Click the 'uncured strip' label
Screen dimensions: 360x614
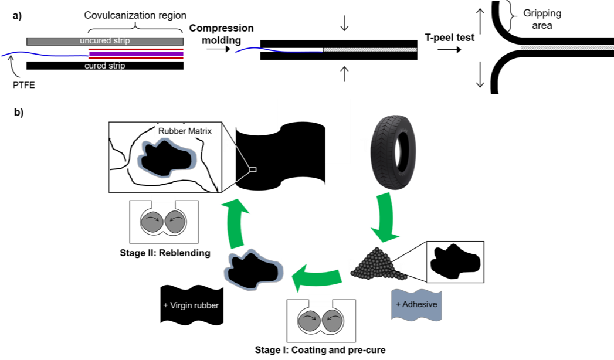(x=105, y=41)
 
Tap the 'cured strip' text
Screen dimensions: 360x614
(x=104, y=66)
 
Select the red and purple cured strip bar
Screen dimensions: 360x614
(x=136, y=53)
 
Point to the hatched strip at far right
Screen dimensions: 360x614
(x=566, y=47)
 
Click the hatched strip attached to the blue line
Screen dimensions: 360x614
(x=370, y=50)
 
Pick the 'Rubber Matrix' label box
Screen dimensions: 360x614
(x=185, y=131)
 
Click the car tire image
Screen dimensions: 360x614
(x=393, y=152)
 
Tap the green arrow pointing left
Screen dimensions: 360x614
(x=317, y=275)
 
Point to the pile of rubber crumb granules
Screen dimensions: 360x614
(x=378, y=267)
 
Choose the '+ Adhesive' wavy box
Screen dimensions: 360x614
(x=416, y=304)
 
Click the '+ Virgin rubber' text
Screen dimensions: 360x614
(x=191, y=305)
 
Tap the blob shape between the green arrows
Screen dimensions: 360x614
(x=254, y=271)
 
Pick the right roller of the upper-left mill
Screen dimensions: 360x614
(x=174, y=222)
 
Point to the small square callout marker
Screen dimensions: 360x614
(x=253, y=169)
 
